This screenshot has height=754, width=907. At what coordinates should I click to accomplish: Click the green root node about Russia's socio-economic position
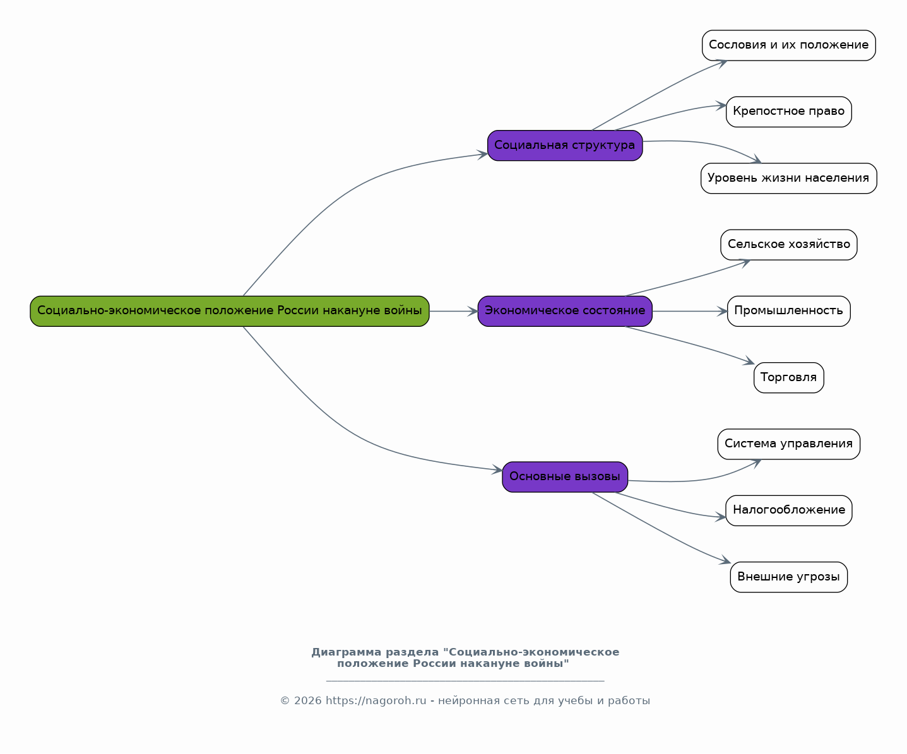pyautogui.click(x=229, y=311)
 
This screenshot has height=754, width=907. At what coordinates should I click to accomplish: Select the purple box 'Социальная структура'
pyautogui.click(x=565, y=146)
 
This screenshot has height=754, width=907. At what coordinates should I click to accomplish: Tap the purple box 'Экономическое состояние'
pyautogui.click(x=565, y=311)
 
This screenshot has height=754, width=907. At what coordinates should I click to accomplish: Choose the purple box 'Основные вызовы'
pyautogui.click(x=565, y=477)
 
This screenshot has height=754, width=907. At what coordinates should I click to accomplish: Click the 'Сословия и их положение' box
pyautogui.click(x=788, y=45)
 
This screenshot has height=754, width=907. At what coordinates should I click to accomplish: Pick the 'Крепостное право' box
pyautogui.click(x=788, y=112)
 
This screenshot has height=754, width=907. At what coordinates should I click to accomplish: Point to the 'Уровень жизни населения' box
pyautogui.click(x=788, y=178)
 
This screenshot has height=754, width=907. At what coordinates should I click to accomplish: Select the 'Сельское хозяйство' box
pyautogui.click(x=788, y=245)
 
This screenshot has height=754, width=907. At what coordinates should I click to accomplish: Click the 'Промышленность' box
pyautogui.click(x=788, y=311)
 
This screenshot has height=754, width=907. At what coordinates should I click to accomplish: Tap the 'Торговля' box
pyautogui.click(x=788, y=377)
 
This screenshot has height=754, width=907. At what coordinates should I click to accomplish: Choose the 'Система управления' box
pyautogui.click(x=788, y=444)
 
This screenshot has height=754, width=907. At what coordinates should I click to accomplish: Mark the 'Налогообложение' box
pyautogui.click(x=788, y=510)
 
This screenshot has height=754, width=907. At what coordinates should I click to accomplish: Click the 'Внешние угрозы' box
pyautogui.click(x=788, y=577)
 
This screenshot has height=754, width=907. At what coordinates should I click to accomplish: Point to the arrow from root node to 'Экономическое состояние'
pyautogui.click(x=453, y=311)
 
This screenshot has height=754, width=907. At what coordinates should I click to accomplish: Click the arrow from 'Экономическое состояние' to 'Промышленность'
pyautogui.click(x=690, y=311)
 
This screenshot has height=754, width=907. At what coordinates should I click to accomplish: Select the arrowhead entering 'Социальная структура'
pyautogui.click(x=482, y=155)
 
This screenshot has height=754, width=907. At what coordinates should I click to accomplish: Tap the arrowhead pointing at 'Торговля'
pyautogui.click(x=749, y=360)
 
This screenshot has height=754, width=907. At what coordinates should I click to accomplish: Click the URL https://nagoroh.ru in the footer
pyautogui.click(x=376, y=700)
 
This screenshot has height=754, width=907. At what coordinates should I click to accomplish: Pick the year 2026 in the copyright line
pyautogui.click(x=307, y=700)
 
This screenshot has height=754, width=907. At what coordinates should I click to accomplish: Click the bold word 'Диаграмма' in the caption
pyautogui.click(x=347, y=652)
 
